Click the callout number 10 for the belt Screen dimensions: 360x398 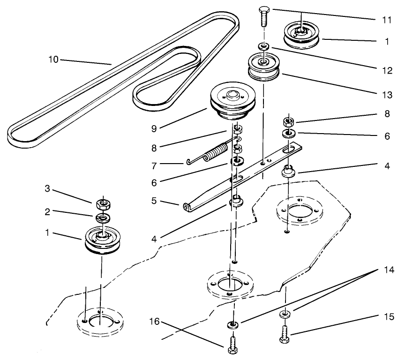pos(54,60)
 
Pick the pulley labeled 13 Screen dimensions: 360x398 pos(263,68)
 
